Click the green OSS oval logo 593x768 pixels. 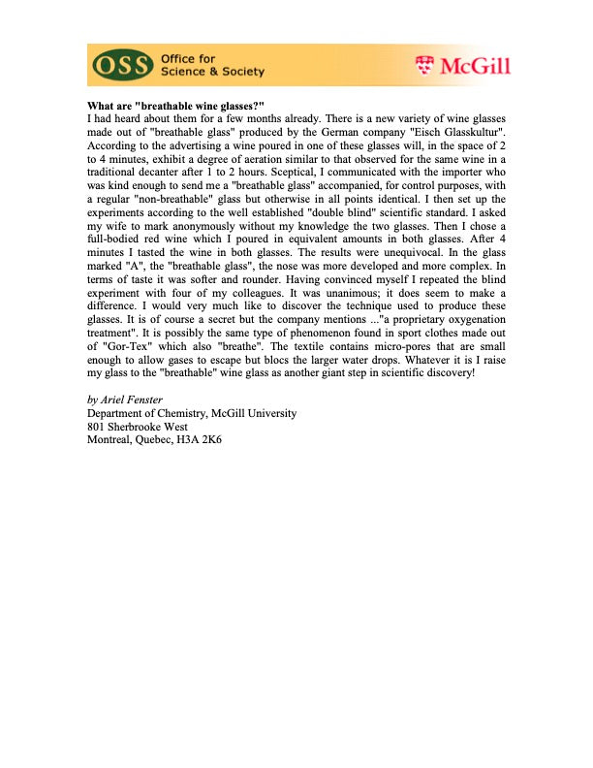point(122,66)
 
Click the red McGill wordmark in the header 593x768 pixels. point(474,66)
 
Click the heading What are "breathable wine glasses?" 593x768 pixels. point(175,105)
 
